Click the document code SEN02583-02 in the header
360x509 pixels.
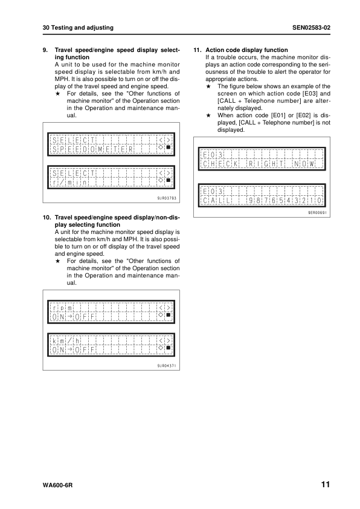click(x=311, y=28)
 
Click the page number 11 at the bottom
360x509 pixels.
click(x=326, y=484)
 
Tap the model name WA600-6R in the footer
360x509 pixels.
click(x=57, y=485)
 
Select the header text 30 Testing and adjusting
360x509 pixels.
click(x=78, y=28)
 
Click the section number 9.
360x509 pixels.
click(x=45, y=50)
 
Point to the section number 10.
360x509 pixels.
click(x=47, y=218)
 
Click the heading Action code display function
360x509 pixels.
click(x=246, y=50)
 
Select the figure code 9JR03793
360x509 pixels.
click(x=167, y=198)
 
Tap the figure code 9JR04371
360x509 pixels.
click(x=167, y=366)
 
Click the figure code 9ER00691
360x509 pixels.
click(x=318, y=213)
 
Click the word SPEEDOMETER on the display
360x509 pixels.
click(x=92, y=149)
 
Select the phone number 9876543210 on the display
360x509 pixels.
click(x=285, y=201)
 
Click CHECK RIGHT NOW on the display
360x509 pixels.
click(x=259, y=164)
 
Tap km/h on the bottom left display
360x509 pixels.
click(x=66, y=341)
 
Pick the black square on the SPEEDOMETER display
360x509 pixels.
click(x=169, y=148)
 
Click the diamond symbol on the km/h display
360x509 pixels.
click(x=161, y=348)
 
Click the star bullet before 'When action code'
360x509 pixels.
click(x=208, y=115)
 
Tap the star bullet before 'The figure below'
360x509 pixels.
click(x=208, y=86)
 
